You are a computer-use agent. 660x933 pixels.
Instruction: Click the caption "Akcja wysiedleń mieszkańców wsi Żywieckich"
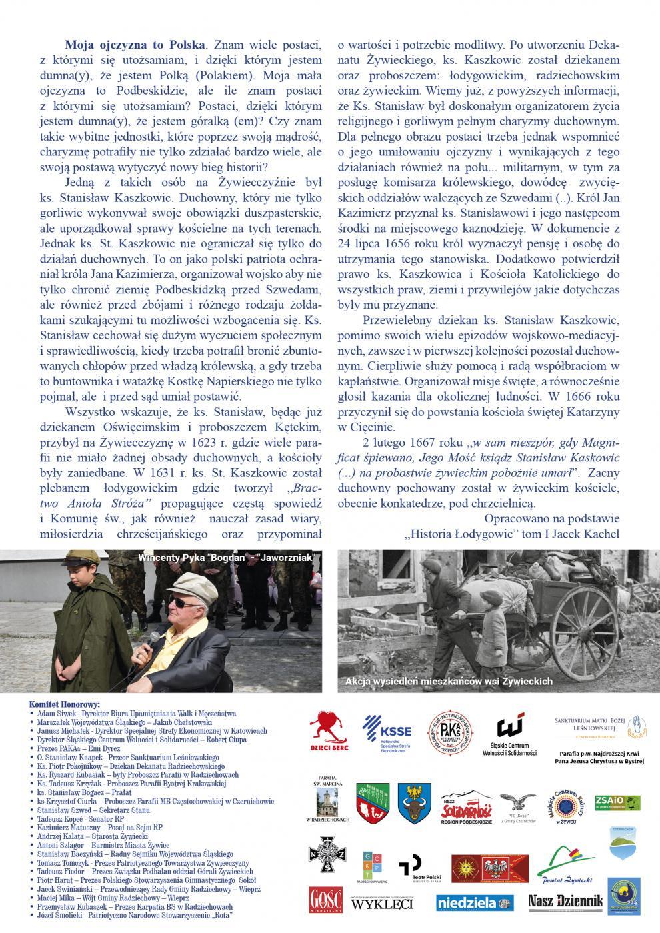[449, 681]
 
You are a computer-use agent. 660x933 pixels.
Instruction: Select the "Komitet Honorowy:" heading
[65, 704]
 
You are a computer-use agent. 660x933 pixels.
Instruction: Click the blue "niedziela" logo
[475, 902]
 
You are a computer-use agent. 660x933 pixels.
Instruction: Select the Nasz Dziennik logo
[565, 901]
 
